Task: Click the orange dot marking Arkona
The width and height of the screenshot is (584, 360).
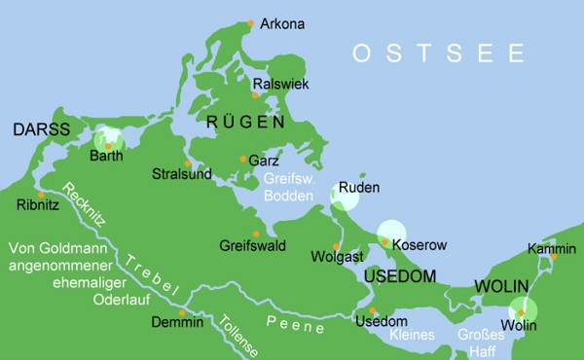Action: tap(250, 22)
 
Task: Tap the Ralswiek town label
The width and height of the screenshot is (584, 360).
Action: tap(280, 85)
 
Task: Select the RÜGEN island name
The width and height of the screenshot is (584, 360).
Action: tap(245, 123)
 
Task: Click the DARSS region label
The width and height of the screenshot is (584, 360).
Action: tap(42, 129)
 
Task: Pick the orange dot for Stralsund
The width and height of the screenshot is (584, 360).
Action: tap(187, 162)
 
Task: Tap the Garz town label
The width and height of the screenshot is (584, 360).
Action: tap(265, 160)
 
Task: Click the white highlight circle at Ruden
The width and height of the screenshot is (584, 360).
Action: tap(345, 196)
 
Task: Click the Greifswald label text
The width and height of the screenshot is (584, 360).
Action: tap(252, 246)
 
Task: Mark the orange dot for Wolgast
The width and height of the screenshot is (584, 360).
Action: tap(336, 245)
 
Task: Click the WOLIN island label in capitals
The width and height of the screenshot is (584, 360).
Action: tap(500, 287)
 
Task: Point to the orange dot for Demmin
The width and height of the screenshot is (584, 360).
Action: tap(181, 312)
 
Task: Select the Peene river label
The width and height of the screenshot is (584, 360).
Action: tap(296, 325)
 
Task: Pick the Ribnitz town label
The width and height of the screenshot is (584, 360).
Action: tap(38, 205)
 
